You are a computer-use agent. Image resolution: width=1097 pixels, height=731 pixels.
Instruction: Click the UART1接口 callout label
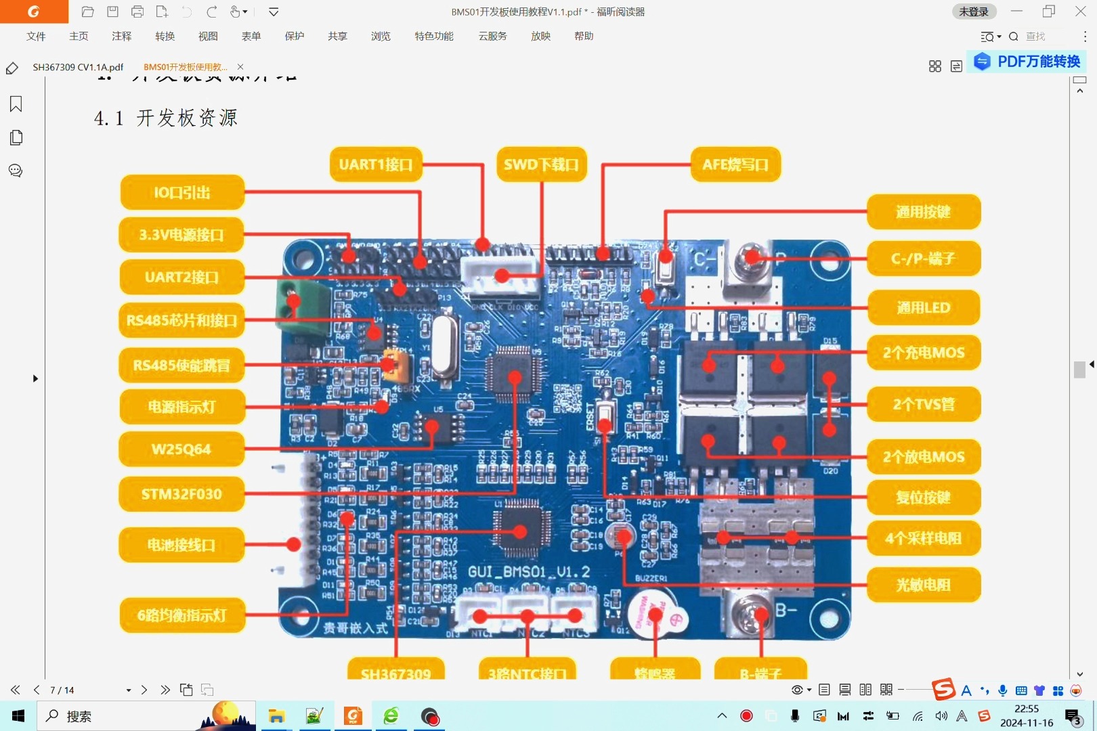click(376, 164)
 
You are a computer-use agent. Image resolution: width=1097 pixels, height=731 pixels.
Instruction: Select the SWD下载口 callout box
click(541, 164)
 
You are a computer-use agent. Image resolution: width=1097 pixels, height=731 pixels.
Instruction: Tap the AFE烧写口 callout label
click(735, 164)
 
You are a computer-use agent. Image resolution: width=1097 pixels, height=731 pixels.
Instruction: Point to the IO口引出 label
click(181, 193)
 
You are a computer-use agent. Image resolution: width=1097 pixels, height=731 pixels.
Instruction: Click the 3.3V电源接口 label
click(181, 235)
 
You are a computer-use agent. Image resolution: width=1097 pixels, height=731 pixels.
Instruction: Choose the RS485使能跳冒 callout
click(181, 365)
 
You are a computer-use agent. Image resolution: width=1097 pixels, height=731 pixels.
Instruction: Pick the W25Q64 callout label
click(181, 449)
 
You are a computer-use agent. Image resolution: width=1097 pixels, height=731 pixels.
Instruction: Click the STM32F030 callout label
click(181, 494)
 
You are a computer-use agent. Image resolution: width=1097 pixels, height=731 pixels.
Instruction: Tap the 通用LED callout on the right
click(923, 308)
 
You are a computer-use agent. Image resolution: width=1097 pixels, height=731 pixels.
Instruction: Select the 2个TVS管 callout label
click(923, 405)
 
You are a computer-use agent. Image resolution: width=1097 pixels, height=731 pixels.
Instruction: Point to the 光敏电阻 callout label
click(923, 585)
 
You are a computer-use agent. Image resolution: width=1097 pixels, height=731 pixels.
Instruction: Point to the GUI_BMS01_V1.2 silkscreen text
click(529, 573)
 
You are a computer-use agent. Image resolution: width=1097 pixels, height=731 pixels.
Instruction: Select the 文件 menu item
click(36, 37)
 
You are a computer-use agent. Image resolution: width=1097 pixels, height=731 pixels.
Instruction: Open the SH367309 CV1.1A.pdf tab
click(78, 67)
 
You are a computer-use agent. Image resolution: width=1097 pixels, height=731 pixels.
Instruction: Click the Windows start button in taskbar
click(18, 716)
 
